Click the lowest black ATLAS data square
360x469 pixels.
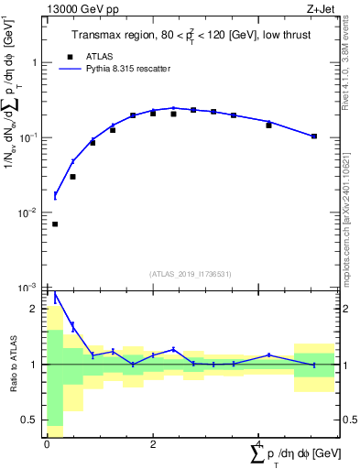(55, 224)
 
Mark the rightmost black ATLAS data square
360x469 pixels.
(314, 136)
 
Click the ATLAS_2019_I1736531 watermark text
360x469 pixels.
(190, 273)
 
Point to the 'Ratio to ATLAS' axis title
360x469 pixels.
(12, 365)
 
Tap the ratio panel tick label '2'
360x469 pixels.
(35, 310)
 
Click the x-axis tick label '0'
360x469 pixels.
(47, 443)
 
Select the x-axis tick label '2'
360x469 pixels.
(153, 443)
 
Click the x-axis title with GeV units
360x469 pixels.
(294, 453)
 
